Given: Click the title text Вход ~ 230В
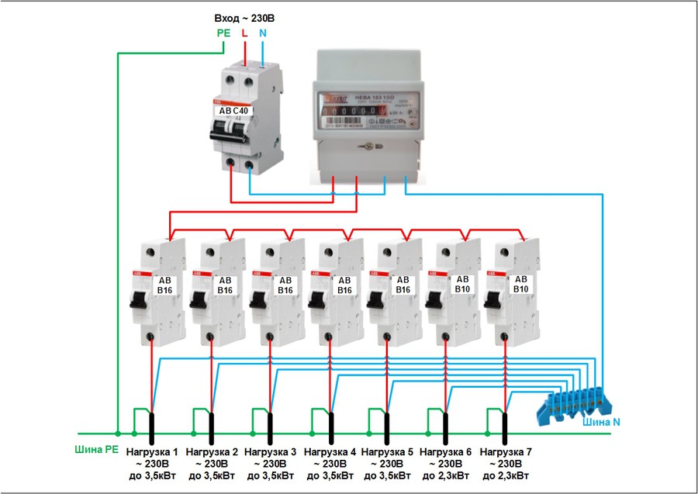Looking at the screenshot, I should pyautogui.click(x=244, y=17).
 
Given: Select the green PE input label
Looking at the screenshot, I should pyautogui.click(x=223, y=33).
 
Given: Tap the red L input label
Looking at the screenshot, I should pyautogui.click(x=245, y=33).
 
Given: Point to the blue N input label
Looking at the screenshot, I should pyautogui.click(x=263, y=33).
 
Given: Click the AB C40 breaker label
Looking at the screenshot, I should pyautogui.click(x=234, y=111).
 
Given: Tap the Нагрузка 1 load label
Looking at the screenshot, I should pyautogui.click(x=153, y=451).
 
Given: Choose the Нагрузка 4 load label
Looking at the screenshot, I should pyautogui.click(x=330, y=451).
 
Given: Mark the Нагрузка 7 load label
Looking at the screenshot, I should pyautogui.click(x=506, y=451).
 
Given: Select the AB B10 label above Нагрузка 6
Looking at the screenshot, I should pyautogui.click(x=462, y=284).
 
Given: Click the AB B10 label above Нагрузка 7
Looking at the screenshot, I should pyautogui.click(x=520, y=284).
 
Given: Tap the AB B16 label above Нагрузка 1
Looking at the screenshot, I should pyautogui.click(x=165, y=285).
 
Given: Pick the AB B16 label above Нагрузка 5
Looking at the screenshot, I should pyautogui.click(x=403, y=285).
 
